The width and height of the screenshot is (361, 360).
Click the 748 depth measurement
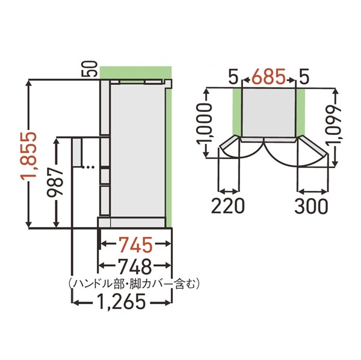point(135,265)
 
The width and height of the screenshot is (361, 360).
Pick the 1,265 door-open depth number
point(123,301)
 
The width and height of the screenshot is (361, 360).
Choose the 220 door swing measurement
point(228,206)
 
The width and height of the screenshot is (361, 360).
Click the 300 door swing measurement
point(312,206)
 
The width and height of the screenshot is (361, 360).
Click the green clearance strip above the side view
point(133,72)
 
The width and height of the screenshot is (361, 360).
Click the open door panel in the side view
point(77,153)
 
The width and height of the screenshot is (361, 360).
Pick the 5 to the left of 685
point(234,77)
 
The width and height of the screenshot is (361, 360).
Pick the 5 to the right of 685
point(304,77)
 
